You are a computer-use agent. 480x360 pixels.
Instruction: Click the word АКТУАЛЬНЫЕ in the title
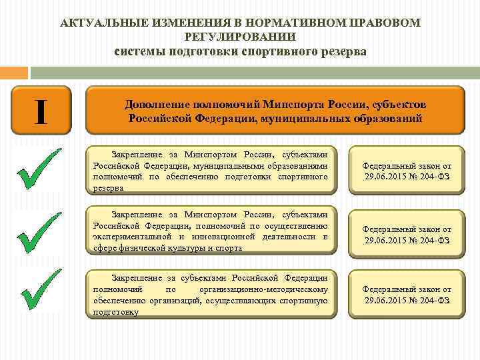[97, 23]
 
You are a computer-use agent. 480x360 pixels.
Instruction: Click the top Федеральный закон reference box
[407, 170]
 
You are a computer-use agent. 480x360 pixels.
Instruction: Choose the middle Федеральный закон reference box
[407, 234]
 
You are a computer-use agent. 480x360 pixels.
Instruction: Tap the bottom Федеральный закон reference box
[407, 295]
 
